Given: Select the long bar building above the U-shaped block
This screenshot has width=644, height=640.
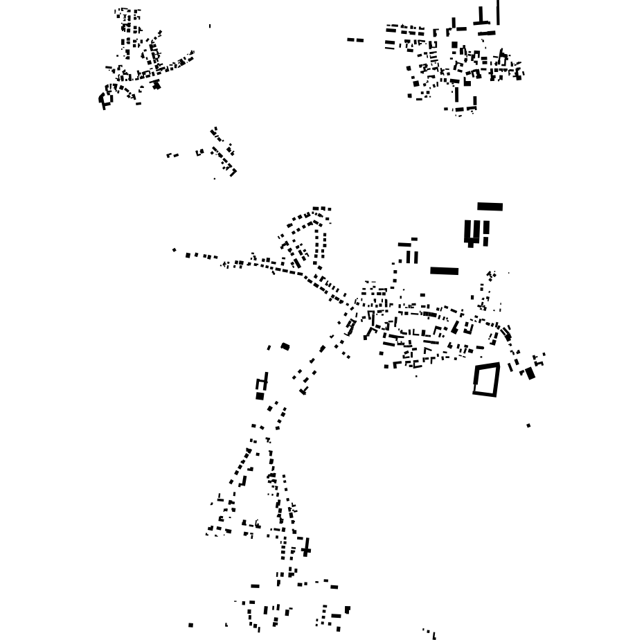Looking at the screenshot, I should click(x=490, y=206).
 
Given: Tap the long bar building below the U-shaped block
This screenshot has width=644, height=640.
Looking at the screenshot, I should click(x=444, y=271).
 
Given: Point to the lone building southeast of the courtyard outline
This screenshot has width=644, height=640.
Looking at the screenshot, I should click(x=528, y=425).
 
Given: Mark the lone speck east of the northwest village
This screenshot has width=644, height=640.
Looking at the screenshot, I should click(x=210, y=26).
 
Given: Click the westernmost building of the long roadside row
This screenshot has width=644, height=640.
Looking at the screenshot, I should click(x=174, y=250).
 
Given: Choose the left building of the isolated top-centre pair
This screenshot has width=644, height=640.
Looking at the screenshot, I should click(x=351, y=39).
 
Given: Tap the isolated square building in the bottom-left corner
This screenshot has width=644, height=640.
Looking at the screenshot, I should click(x=191, y=625).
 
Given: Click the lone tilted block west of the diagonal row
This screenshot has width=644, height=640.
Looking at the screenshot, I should click(x=285, y=346).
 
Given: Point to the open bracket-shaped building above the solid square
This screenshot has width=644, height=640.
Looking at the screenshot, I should click(x=262, y=382).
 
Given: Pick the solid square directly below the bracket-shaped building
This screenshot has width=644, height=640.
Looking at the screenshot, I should click(x=260, y=396).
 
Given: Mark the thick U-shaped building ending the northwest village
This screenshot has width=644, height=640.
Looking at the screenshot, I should click(x=105, y=99).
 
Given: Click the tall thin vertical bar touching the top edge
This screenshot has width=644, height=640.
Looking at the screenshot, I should click(x=498, y=12).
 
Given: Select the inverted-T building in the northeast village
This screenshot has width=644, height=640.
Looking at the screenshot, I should click(x=482, y=19).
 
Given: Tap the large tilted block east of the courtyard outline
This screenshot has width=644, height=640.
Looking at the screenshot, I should click(x=530, y=373).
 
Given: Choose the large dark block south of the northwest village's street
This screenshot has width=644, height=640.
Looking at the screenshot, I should click(x=156, y=85).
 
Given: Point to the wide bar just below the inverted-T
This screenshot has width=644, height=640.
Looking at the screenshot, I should click(x=488, y=33).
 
